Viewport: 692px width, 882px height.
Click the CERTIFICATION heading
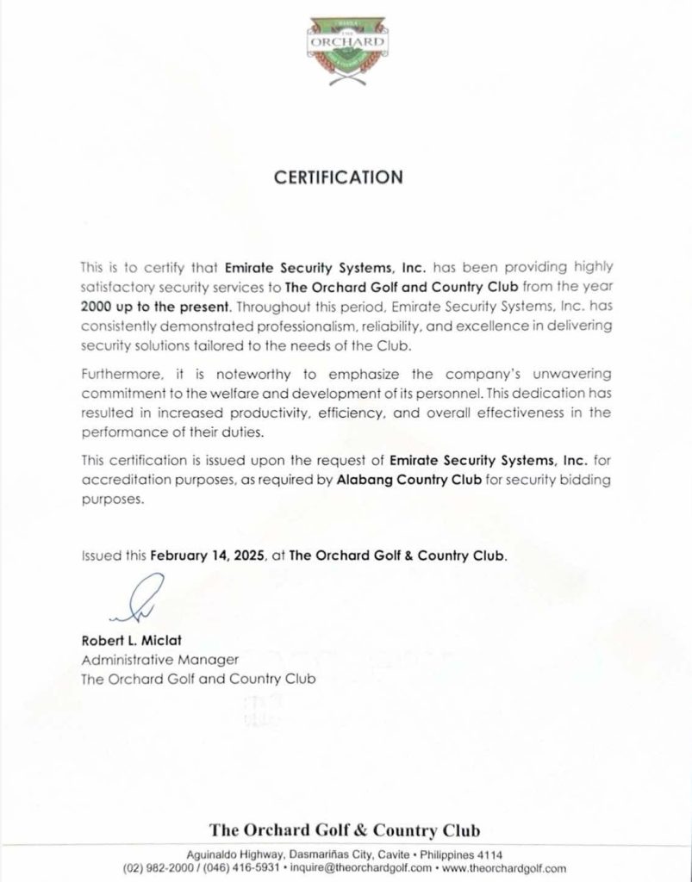pyautogui.click(x=338, y=177)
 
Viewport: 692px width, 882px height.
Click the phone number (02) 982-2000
pyautogui.click(x=157, y=867)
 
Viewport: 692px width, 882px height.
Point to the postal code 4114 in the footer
pyautogui.click(x=491, y=853)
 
